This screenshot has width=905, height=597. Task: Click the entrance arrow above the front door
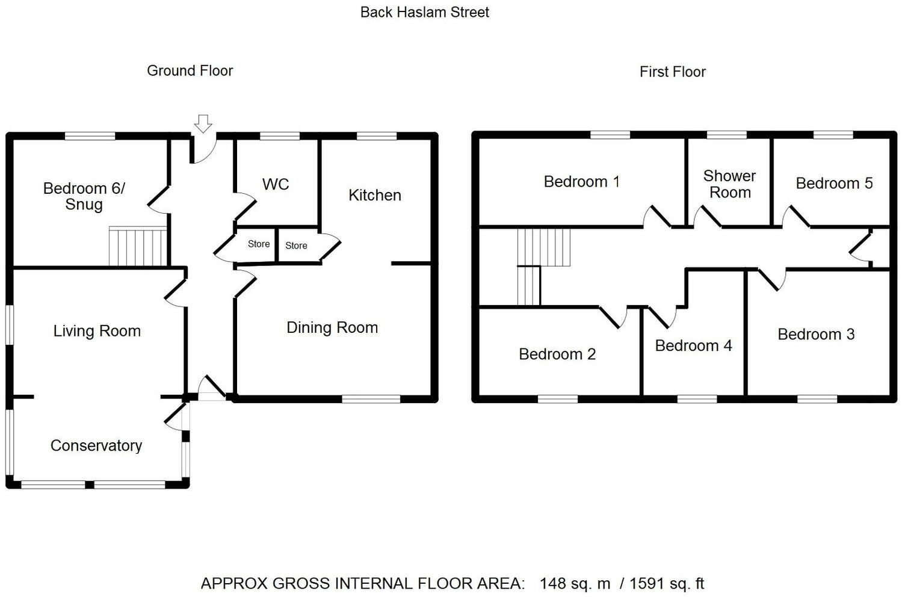pos(203,123)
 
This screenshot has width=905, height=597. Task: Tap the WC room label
pos(276,184)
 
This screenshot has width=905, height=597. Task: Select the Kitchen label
pos(374,195)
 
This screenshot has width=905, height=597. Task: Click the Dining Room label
pos(332,327)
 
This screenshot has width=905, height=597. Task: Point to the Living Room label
pos(97,331)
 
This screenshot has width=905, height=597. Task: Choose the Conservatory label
pos(96,445)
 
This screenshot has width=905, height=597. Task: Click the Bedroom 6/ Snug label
pos(84,196)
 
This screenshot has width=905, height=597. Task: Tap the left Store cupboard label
pos(259,244)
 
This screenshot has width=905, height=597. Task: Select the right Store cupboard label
pos(296,246)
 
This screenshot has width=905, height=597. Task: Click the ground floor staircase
pos(137,246)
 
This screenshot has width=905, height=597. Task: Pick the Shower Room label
pos(729,184)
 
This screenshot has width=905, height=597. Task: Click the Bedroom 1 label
pos(581,182)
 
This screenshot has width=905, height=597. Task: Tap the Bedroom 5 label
pos(834,184)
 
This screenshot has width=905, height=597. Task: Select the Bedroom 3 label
pos(816,335)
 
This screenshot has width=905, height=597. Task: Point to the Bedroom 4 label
pos(693,345)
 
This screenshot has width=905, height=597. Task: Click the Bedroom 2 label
pos(557,354)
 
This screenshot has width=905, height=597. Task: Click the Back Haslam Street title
pos(424,12)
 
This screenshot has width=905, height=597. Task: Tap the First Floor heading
pos(672,72)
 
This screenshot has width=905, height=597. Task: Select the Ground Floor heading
pos(190,71)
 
